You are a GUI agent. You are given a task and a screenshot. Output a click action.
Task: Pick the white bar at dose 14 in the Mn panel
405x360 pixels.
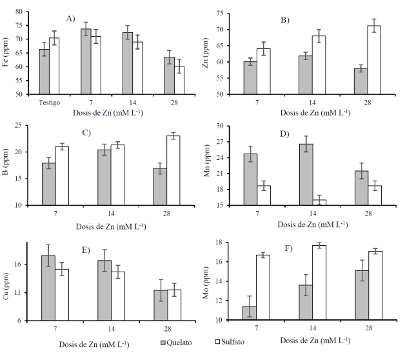point(320,203)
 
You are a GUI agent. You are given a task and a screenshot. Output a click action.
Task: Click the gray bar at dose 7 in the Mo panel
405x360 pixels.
point(249,313)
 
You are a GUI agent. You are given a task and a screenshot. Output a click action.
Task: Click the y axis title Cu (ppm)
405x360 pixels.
point(8,285)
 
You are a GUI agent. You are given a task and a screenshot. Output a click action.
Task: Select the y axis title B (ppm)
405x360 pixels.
point(8,164)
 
